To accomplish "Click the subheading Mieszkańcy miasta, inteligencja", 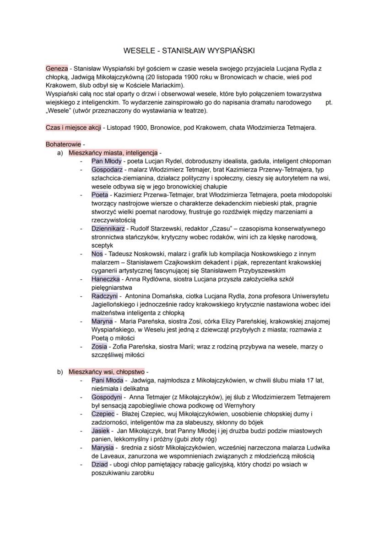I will tap(113, 152).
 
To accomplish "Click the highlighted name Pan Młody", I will tap(106, 161).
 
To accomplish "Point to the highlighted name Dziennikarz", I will tap(108, 228).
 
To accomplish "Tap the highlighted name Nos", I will tap(97, 254).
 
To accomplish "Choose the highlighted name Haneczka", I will tap(106, 279).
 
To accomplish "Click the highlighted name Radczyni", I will tap(105, 296).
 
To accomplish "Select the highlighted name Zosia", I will tap(99, 347).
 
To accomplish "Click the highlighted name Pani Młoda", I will tap(108, 381).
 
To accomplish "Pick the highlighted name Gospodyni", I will tap(107, 397).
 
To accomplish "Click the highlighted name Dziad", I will tap(99, 464).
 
